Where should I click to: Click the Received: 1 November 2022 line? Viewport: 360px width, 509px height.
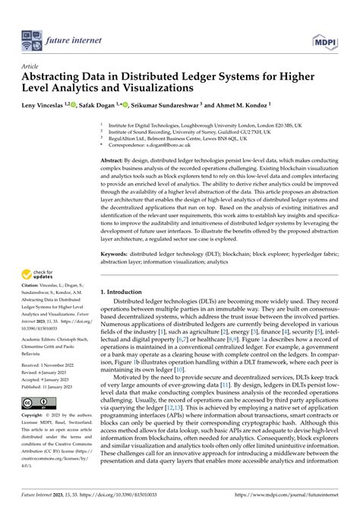pyautogui.click(x=52, y=365)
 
